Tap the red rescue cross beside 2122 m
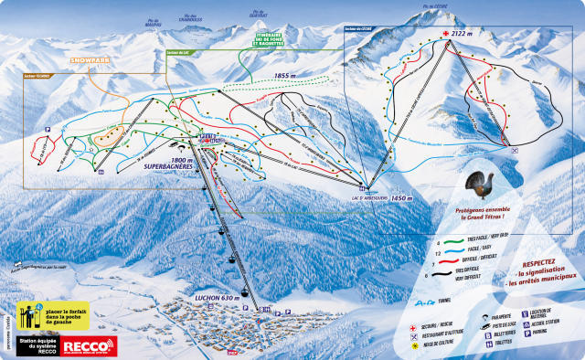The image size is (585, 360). [446, 34]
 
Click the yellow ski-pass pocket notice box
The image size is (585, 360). [62, 312]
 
